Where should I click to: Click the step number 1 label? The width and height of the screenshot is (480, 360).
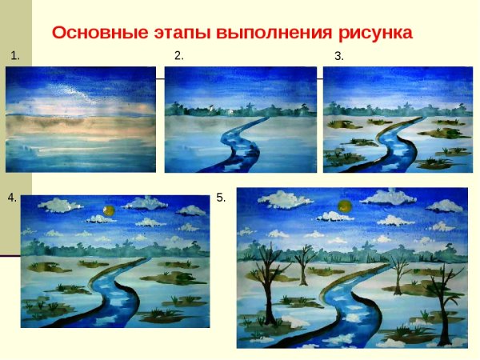tap(14, 55)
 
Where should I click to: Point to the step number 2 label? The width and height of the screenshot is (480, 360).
tap(178, 55)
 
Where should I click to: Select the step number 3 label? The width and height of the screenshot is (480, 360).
tap(338, 55)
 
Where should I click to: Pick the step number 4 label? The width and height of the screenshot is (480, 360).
tap(12, 197)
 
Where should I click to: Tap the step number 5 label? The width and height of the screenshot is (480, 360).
tap(221, 197)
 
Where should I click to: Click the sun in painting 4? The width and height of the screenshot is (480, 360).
tap(108, 210)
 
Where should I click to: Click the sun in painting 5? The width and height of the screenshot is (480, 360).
tap(345, 206)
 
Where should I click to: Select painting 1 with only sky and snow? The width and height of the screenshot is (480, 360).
tap(81, 118)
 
